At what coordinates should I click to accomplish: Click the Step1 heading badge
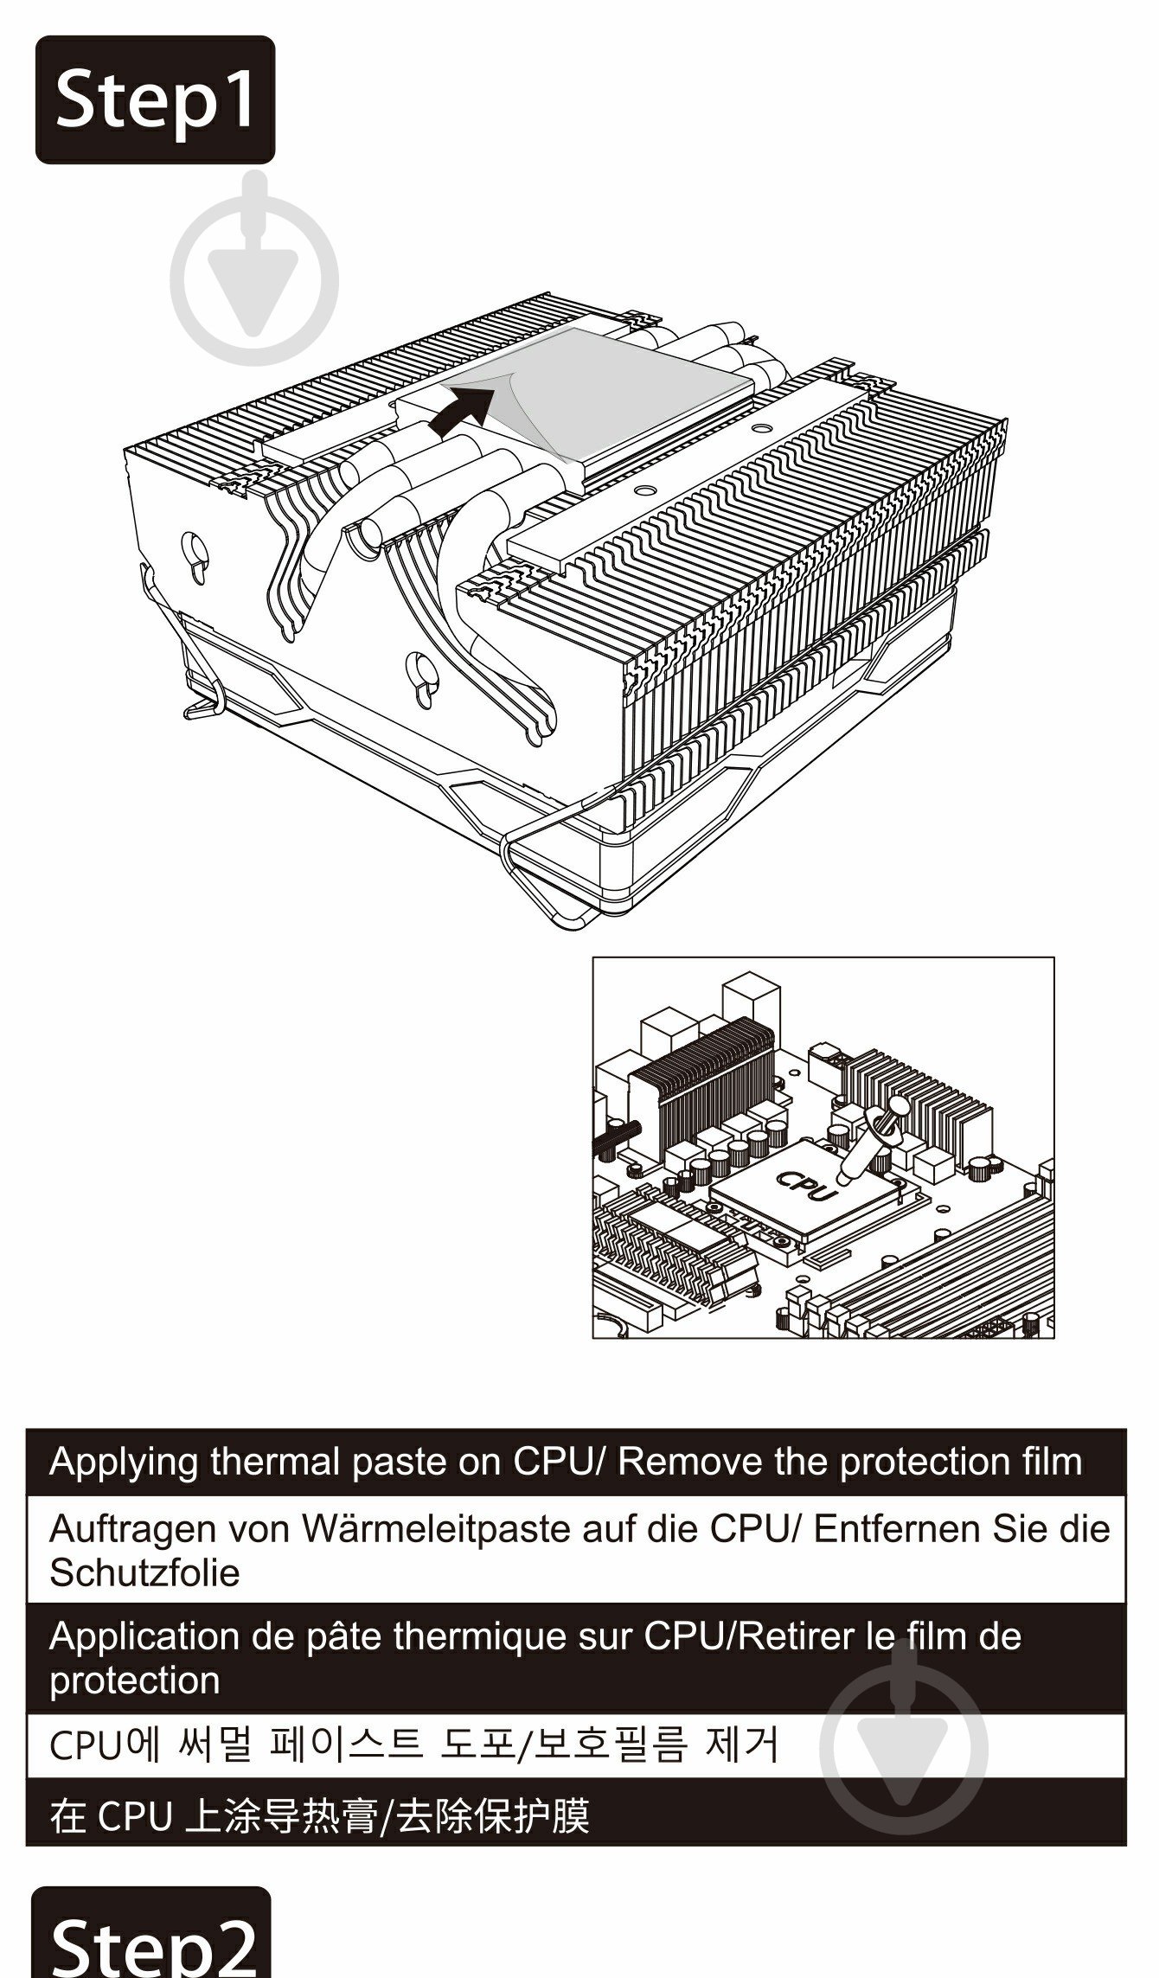155,99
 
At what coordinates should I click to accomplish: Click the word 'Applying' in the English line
124,1463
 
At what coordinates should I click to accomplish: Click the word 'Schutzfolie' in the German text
144,1573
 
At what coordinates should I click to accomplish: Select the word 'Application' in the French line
144,1636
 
